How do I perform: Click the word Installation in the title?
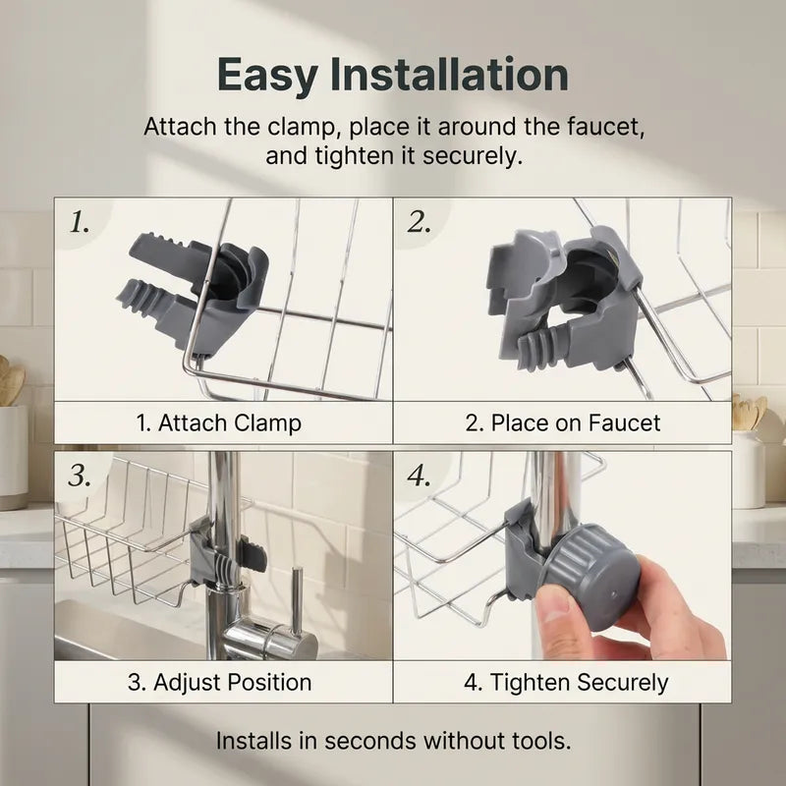[449, 75]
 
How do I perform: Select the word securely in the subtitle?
[473, 156]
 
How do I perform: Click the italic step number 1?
[80, 222]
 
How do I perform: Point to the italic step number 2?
[420, 222]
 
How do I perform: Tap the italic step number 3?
[80, 476]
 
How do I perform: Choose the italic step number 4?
[420, 476]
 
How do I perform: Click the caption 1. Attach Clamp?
[219, 423]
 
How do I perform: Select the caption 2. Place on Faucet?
[562, 423]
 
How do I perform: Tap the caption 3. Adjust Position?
[219, 682]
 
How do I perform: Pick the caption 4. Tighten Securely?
[566, 683]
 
